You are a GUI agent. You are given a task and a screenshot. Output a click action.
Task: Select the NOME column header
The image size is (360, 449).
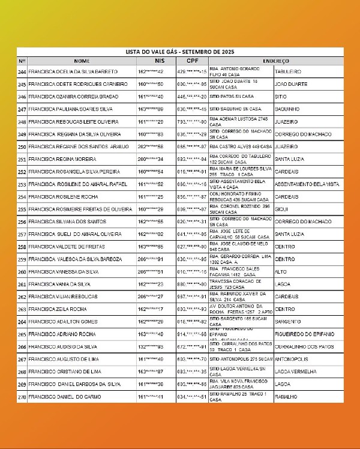click(x=82, y=61)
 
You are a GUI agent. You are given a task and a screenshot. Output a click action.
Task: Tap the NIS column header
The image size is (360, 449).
click(x=159, y=61)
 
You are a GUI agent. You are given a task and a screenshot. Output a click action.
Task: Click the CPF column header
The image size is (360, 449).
click(x=191, y=61)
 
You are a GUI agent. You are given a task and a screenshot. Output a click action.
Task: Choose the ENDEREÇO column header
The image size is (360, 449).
click(x=275, y=61)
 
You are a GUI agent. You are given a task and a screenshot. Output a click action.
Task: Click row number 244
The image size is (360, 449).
click(x=22, y=71)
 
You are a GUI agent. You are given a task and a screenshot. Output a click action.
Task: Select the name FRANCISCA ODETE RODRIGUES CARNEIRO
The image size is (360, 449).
click(x=77, y=84)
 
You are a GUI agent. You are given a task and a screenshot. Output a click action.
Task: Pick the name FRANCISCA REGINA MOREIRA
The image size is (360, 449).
click(x=62, y=159)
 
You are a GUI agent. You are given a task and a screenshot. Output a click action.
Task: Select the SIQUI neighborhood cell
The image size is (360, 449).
click(x=280, y=209)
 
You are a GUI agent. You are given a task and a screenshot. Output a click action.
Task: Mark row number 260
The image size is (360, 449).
click(x=22, y=272)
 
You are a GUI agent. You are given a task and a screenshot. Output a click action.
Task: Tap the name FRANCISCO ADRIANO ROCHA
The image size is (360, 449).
click(x=62, y=334)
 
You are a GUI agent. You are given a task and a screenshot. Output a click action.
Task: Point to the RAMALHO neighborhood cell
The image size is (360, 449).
click(x=286, y=397)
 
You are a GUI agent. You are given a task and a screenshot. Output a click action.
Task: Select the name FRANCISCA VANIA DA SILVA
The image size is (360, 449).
click(x=59, y=285)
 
